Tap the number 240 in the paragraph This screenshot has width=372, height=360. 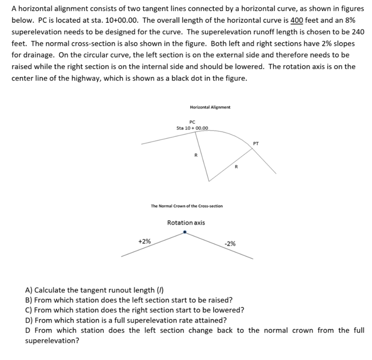point(358,32)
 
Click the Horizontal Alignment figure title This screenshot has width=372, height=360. point(210,107)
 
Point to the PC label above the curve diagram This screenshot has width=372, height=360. point(192,122)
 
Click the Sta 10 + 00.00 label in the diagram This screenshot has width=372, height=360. point(192,128)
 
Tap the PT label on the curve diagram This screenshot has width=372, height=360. point(256,143)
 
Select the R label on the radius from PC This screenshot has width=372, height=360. point(196,155)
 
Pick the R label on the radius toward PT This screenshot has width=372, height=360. point(236,167)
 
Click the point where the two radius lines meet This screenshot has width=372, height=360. point(208,181)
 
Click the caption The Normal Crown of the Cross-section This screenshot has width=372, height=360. point(187,206)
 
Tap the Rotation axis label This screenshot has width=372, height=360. point(186,222)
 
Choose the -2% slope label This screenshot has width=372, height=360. point(230,244)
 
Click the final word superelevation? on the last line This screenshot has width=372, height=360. point(52,341)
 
